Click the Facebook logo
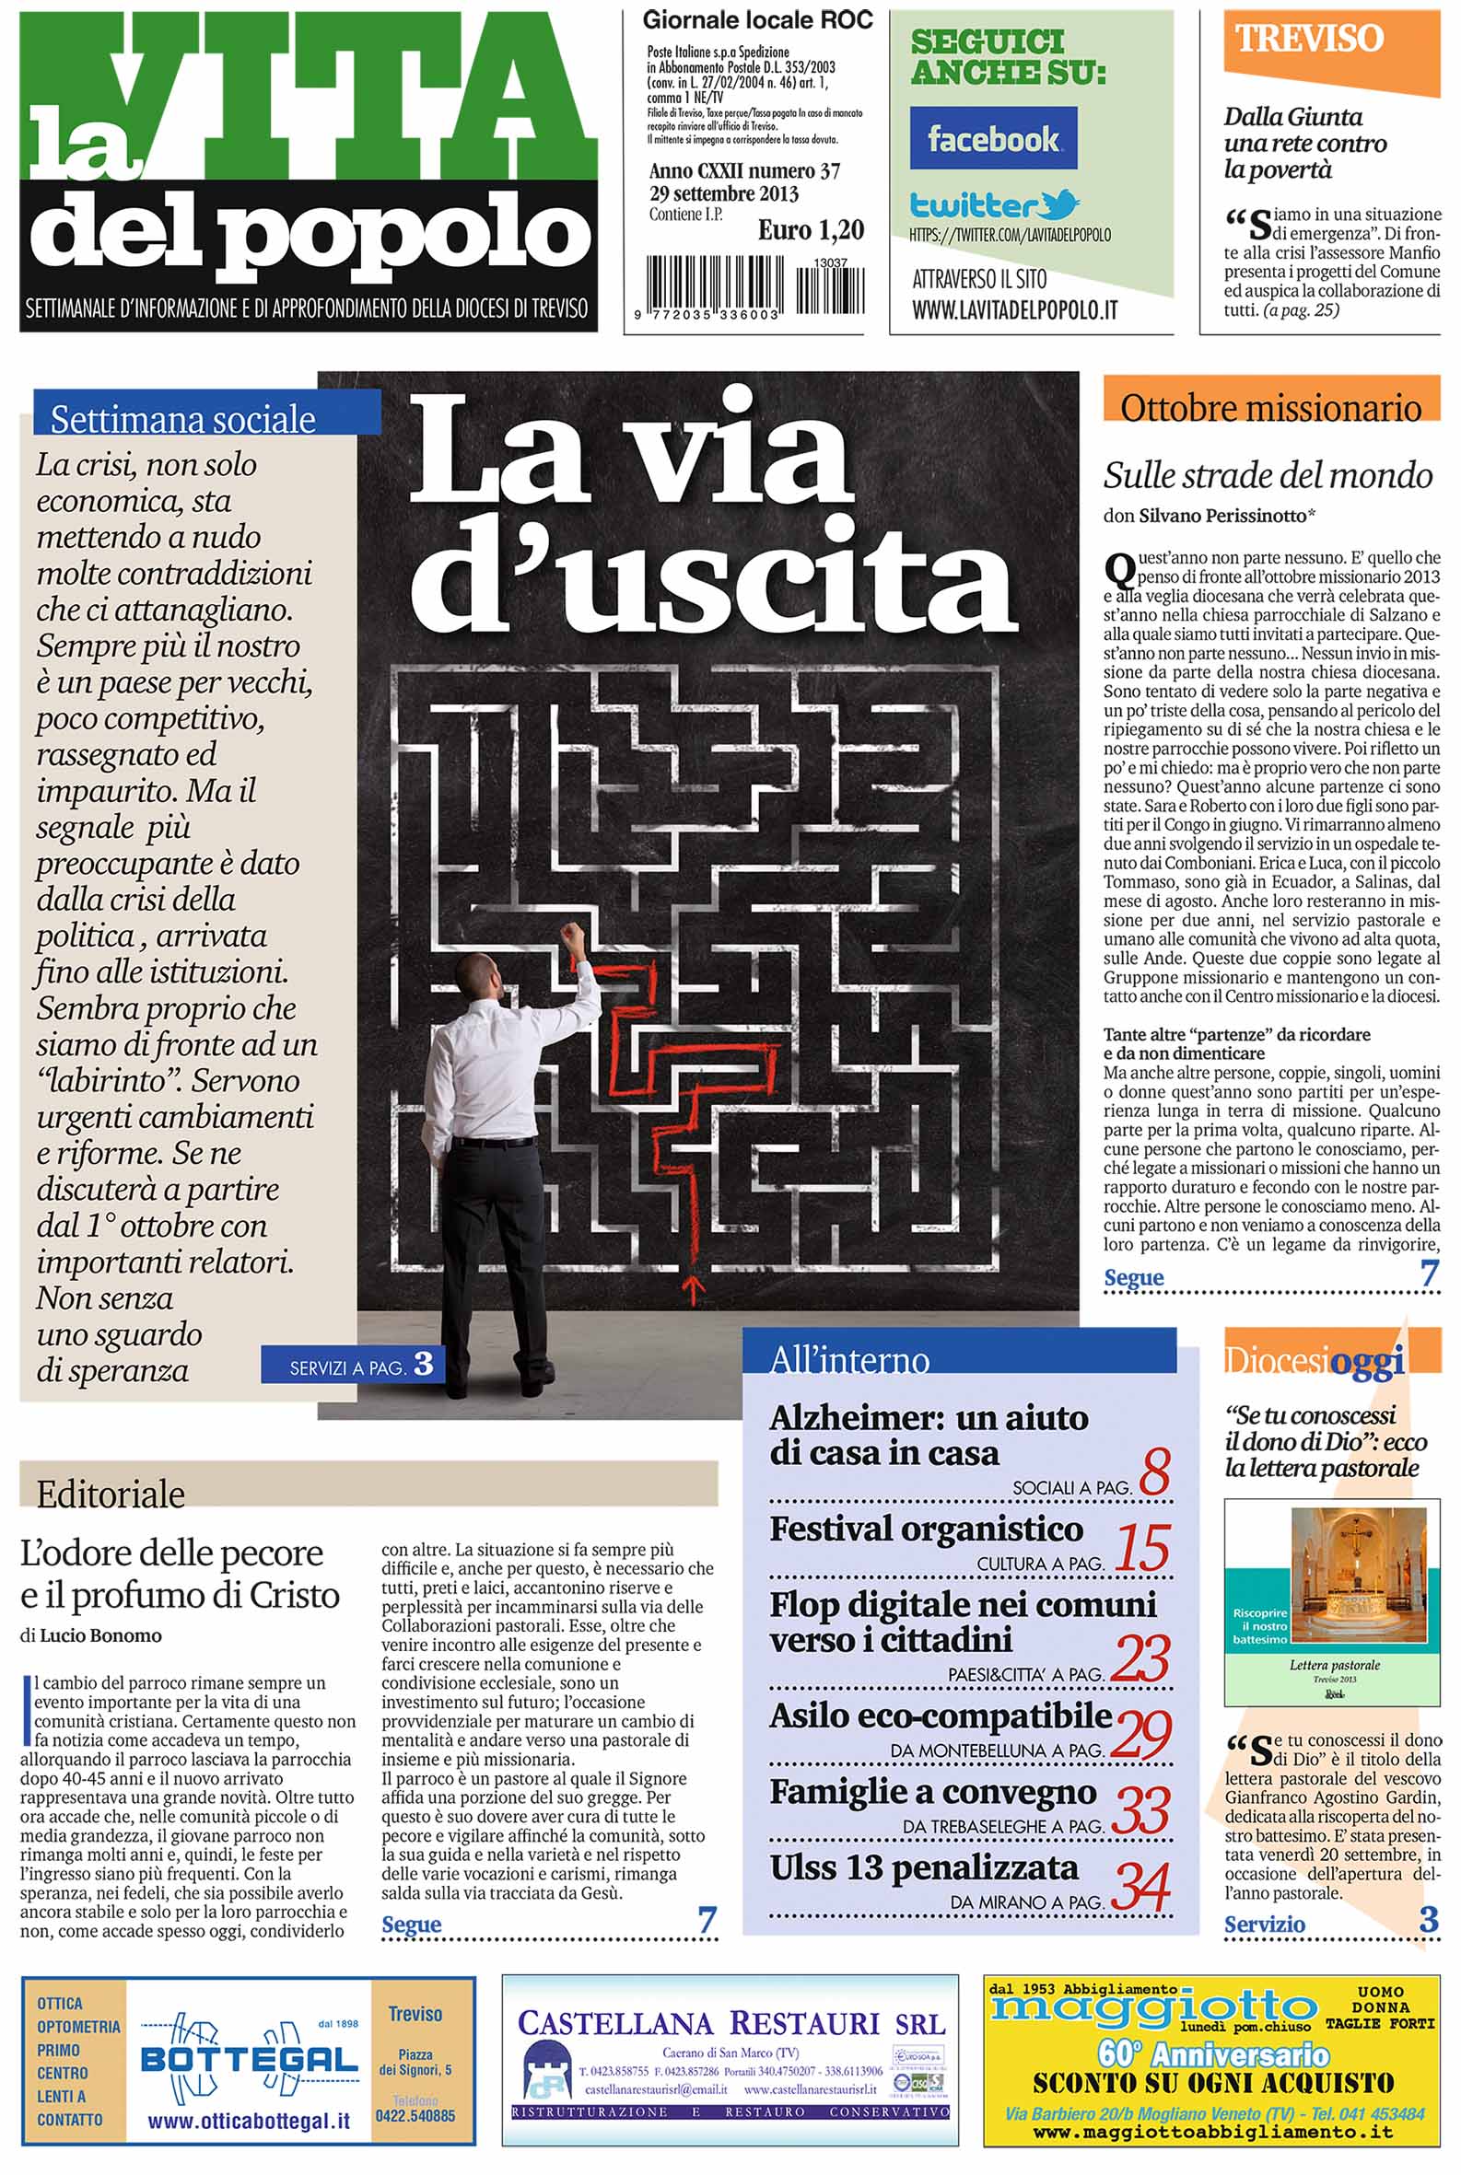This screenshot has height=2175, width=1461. click(992, 138)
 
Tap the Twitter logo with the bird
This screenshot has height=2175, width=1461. click(994, 204)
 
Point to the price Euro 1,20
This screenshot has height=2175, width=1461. click(810, 230)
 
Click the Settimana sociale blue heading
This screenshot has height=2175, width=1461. click(183, 419)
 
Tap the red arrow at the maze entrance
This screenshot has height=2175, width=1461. click(692, 1289)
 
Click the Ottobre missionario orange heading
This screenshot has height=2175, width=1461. click(1271, 407)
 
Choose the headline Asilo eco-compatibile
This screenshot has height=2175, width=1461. click(941, 1716)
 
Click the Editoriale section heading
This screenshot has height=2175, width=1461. click(111, 1495)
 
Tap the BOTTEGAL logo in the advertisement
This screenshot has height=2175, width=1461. click(249, 2059)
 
